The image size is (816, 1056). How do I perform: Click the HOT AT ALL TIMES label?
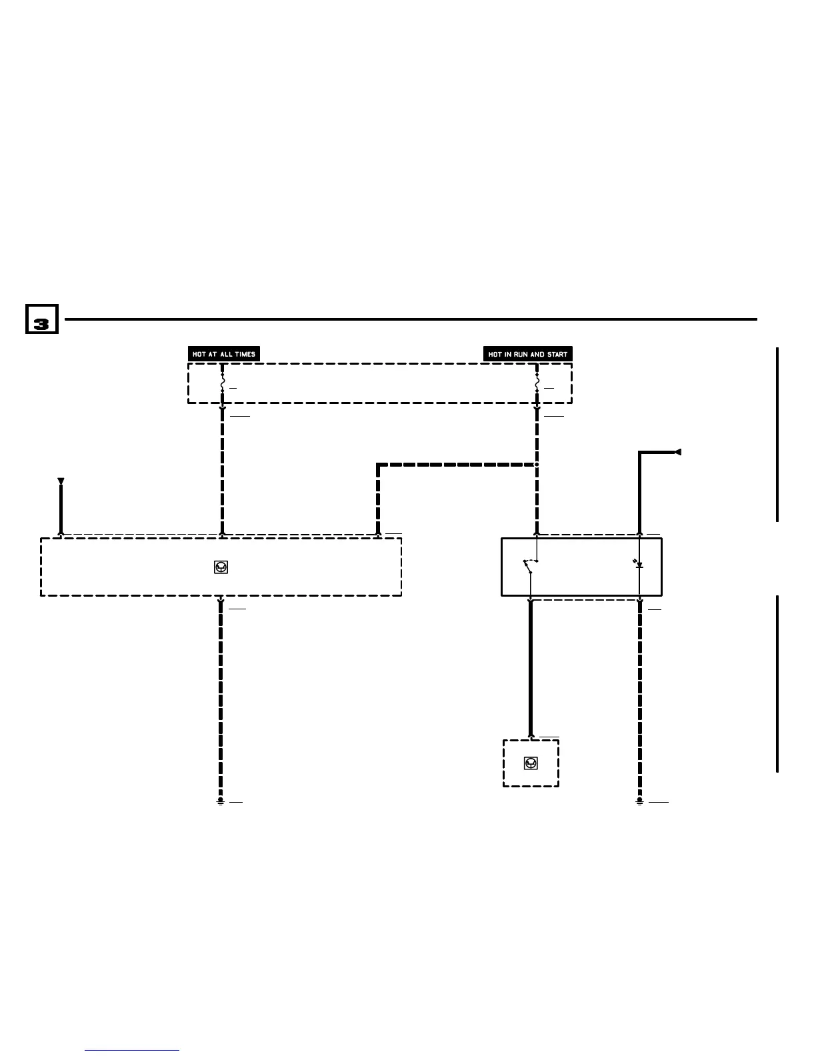click(x=224, y=354)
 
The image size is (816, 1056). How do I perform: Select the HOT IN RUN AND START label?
click(x=527, y=354)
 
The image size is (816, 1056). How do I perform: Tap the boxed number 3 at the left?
click(x=41, y=319)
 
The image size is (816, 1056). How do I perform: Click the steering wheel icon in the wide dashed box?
click(x=221, y=567)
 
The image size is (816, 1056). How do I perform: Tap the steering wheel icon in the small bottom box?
click(x=531, y=763)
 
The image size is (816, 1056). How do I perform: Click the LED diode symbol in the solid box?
click(x=639, y=565)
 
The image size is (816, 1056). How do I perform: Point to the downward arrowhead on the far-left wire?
click(x=61, y=481)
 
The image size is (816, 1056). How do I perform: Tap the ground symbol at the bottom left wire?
click(x=221, y=801)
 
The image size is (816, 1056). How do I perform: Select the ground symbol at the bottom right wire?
click(x=639, y=801)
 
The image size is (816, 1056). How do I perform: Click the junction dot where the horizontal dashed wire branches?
click(x=537, y=464)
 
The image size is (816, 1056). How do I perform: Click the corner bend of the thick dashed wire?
click(x=379, y=465)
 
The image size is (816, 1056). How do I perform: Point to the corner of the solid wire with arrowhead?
click(x=640, y=453)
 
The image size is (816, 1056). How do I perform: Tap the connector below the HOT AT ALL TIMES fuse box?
click(x=222, y=409)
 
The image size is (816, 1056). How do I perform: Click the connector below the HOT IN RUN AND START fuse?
click(x=537, y=409)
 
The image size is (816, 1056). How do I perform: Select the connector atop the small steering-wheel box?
click(x=531, y=737)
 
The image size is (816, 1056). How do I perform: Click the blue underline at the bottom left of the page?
click(x=132, y=1051)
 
